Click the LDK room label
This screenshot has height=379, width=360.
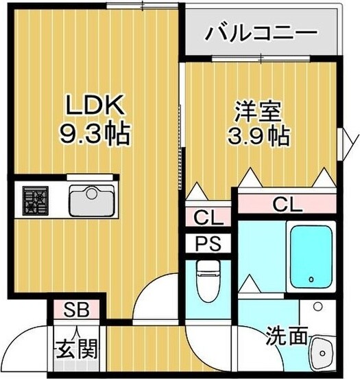pos(95,105)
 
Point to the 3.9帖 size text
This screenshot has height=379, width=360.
pos(257,135)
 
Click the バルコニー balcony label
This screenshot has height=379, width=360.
pos(261,32)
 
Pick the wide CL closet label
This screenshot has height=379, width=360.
pos(289,204)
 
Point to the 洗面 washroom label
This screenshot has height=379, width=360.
pos(286,336)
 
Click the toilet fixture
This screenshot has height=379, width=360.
pos(206,280)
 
